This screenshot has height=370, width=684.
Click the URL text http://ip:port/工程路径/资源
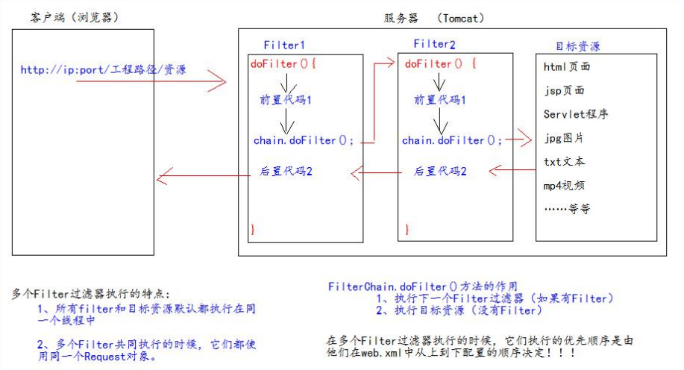point(104,70)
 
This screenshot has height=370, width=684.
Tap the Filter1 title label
point(284,46)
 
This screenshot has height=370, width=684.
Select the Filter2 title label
point(434,44)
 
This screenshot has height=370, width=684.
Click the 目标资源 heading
point(578,46)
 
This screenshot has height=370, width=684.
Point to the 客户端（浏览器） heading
point(74,17)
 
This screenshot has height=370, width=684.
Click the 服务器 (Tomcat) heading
point(434,19)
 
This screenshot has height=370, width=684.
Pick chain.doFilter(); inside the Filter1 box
point(304,140)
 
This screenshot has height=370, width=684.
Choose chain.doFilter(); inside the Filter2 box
point(452,140)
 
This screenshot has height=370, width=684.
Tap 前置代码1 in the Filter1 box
point(285,100)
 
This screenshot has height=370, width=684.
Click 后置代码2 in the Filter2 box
point(440,172)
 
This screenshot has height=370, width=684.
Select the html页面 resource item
point(567,66)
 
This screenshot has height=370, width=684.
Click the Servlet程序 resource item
point(576,114)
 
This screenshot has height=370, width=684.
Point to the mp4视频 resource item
point(564,186)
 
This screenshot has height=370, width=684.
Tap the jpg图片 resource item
point(564,138)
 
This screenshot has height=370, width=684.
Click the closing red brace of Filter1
point(253,229)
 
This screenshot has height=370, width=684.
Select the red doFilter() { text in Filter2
point(441,63)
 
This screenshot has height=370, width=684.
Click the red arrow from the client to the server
point(151,81)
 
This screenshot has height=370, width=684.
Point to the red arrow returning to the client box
point(204,176)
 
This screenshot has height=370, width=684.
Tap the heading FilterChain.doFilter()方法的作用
point(423,286)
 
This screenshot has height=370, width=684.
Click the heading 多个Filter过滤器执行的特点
point(91,294)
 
